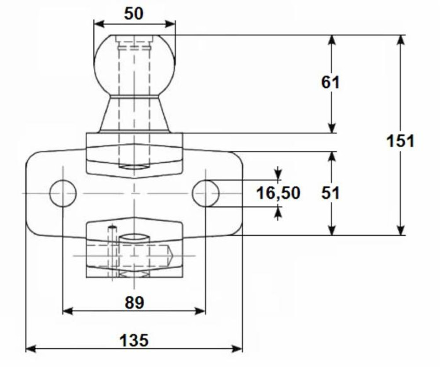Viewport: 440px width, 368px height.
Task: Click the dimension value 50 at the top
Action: click(x=134, y=14)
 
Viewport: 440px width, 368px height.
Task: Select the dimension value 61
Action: click(x=330, y=82)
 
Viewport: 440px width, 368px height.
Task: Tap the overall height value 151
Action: click(x=400, y=142)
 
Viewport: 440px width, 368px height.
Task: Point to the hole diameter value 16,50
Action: click(x=278, y=193)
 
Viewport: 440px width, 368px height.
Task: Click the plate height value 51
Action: click(x=330, y=193)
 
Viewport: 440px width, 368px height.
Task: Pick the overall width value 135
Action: click(x=134, y=340)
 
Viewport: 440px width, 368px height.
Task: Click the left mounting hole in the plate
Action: click(x=63, y=193)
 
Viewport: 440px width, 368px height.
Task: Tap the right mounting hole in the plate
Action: click(x=205, y=193)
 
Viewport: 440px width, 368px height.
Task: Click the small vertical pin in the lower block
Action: click(x=112, y=251)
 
